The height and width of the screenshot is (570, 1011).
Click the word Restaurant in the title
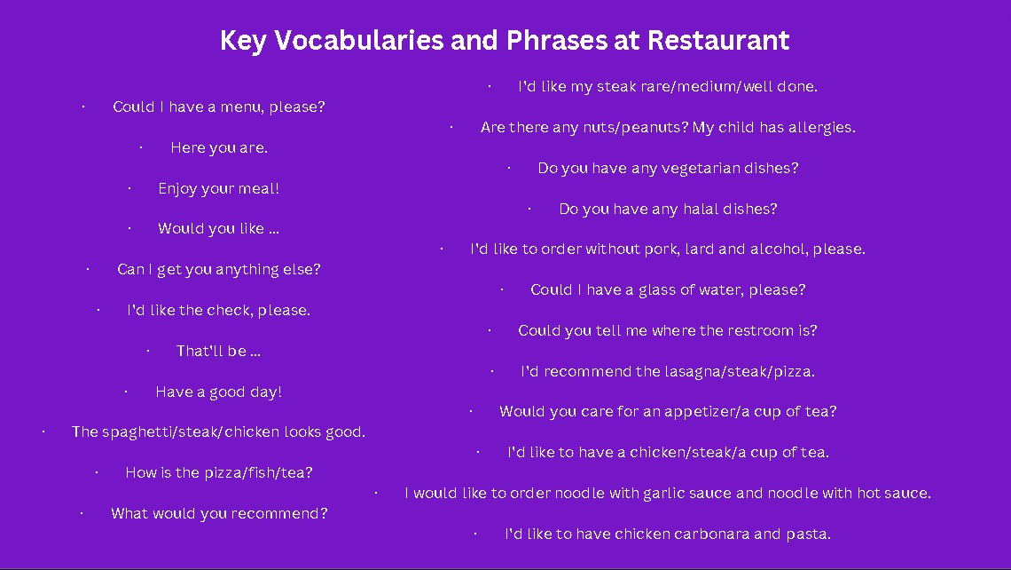tap(718, 40)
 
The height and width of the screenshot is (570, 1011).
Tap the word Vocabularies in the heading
tap(359, 40)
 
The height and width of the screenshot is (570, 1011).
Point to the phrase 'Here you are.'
tap(219, 147)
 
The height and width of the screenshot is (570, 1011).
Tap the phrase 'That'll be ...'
tap(218, 351)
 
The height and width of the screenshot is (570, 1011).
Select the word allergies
tap(821, 127)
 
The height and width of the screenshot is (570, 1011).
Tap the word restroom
tap(761, 330)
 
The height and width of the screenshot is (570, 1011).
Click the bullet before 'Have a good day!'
tap(126, 392)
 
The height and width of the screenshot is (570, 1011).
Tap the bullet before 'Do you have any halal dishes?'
tap(529, 209)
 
